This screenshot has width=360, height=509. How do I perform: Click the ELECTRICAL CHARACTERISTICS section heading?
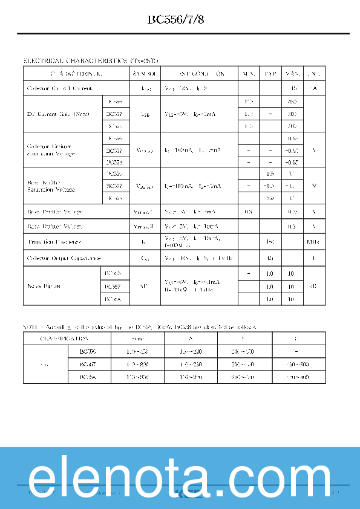91,61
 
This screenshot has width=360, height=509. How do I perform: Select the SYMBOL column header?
145,74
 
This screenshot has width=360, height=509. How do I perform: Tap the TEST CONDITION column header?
200,74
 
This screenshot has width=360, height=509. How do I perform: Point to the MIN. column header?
249,74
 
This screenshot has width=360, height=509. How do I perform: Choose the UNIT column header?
313,74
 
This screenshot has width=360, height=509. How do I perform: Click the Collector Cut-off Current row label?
60,89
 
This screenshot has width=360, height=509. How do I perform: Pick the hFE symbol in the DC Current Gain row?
145,114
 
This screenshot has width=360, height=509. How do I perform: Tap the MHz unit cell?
313,242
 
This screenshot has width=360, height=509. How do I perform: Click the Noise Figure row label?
44,287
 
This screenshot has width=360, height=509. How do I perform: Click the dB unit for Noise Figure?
313,287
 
